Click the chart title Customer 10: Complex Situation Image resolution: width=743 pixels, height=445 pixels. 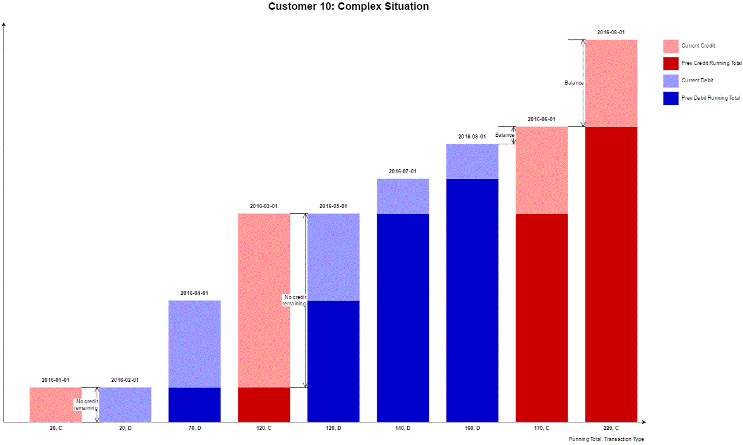tap(348, 7)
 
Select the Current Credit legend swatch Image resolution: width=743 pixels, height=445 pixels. tap(671, 46)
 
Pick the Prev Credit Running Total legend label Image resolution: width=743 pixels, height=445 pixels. tap(711, 63)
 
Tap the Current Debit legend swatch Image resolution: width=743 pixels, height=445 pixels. tap(671, 81)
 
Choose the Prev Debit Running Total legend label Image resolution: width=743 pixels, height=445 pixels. tap(711, 98)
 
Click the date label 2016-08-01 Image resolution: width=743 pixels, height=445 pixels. tap(611, 32)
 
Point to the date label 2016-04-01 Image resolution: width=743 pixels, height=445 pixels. tap(194, 293)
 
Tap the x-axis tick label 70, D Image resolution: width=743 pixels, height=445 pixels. tap(194, 428)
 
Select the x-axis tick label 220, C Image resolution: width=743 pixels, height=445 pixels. tap(611, 428)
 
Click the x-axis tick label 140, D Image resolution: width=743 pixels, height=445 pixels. tap(403, 428)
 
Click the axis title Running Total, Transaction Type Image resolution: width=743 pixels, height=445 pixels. tap(606, 439)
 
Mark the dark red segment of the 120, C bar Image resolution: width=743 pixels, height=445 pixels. tap(264, 404)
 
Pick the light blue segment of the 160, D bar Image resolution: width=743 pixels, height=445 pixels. tap(472, 161)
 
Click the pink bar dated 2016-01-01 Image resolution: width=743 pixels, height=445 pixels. tap(56, 404)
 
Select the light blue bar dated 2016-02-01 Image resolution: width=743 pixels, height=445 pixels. tap(125, 404)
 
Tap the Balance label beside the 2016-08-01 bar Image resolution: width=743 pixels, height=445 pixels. tap(574, 83)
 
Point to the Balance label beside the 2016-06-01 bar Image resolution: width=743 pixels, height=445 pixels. tap(504, 135)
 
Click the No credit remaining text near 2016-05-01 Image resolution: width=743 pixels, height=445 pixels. tap(294, 300)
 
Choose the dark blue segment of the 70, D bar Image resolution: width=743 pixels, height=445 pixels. tap(194, 404)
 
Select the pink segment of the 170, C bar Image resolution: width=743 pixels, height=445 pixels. tap(542, 170)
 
